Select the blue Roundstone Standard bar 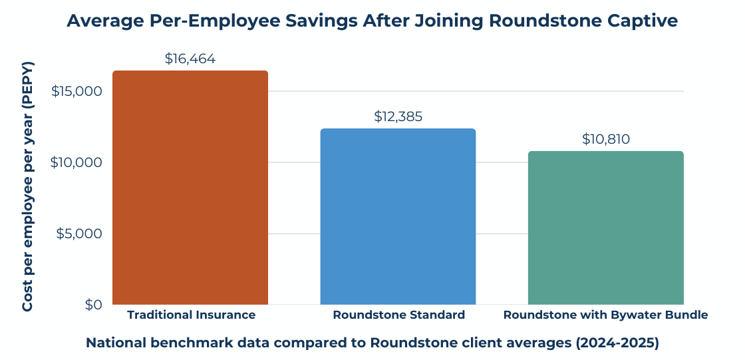pyautogui.click(x=398, y=216)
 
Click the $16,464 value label pyautogui.click(x=190, y=59)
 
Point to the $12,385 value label pyautogui.click(x=398, y=116)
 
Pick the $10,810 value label pyautogui.click(x=605, y=139)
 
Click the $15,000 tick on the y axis pyautogui.click(x=76, y=91)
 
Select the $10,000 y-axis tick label pyautogui.click(x=76, y=162)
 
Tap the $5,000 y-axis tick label pyautogui.click(x=80, y=234)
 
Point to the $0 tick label pyautogui.click(x=92, y=305)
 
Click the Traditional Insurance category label pyautogui.click(x=191, y=315)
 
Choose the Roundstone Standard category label pyautogui.click(x=398, y=315)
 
